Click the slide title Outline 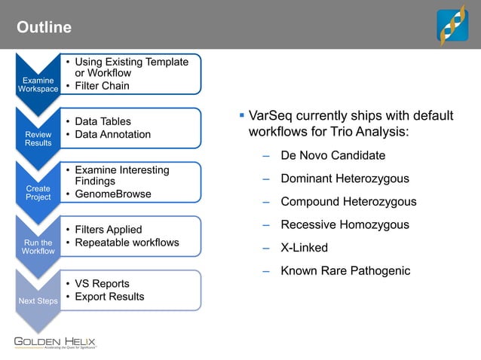pos(44,28)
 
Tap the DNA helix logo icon pos(453,25)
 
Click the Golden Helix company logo pos(56,343)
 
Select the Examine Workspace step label pos(38,84)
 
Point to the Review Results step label pos(38,139)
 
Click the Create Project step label pos(38,193)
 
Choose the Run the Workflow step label pos(38,247)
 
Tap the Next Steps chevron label pos(38,301)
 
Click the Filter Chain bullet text pos(102,86)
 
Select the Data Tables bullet pos(103,121)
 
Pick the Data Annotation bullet pos(112,134)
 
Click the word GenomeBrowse pos(112,194)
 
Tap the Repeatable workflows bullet pos(127,243)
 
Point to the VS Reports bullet pos(102,284)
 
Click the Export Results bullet pos(109,297)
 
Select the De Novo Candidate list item pos(332,156)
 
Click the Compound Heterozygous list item pos(348,202)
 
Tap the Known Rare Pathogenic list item pos(345,270)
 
